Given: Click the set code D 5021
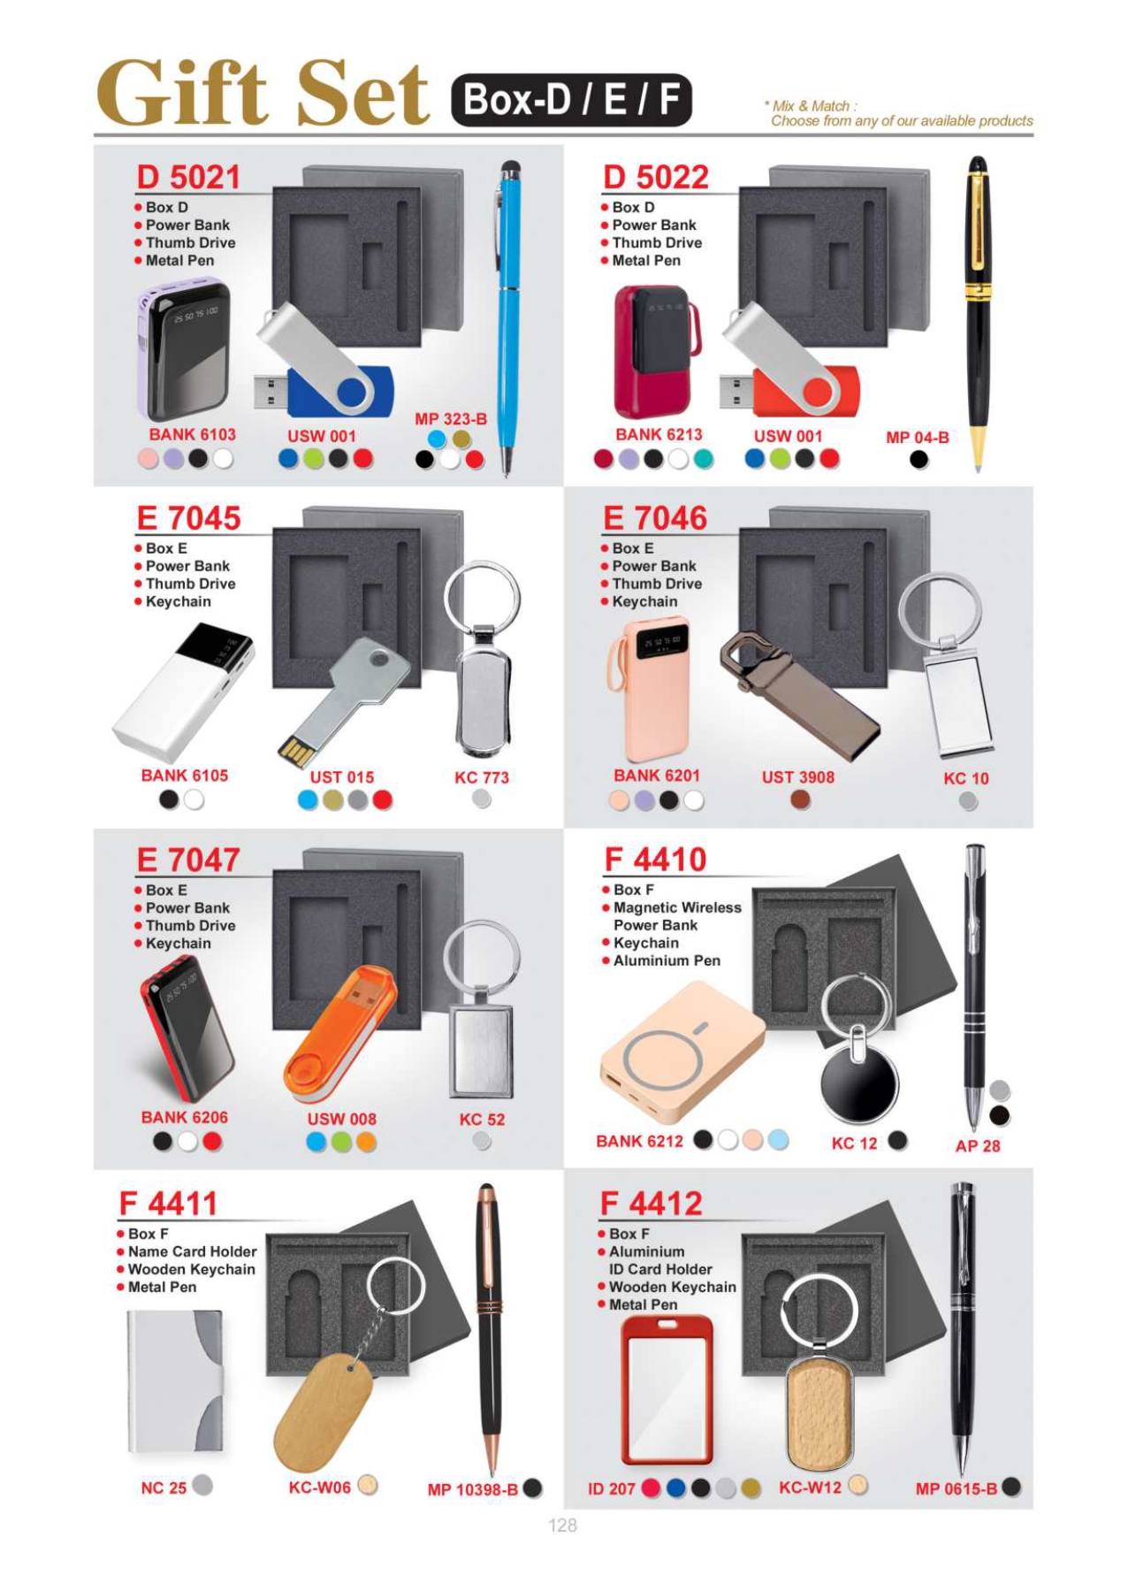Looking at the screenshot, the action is pos(187,177).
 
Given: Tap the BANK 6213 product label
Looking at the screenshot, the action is pos(659,434).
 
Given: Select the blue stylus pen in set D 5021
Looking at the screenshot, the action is pos(508,318).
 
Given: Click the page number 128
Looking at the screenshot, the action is pos(562,1525).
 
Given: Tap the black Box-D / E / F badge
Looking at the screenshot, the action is pos(571,100).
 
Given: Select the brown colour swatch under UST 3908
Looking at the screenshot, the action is pos(800,800).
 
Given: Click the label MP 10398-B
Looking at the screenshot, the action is pos(472,1489).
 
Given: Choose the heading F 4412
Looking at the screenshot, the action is pos(651,1203).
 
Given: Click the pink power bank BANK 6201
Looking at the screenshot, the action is pos(645,690).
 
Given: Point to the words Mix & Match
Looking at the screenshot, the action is pos(811,105).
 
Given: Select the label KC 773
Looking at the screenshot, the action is pos(482,777).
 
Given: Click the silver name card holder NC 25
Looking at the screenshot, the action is pos(175,1381).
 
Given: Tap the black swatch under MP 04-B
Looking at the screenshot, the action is pos(919,460).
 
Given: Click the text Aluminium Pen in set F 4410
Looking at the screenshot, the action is pos(667,960).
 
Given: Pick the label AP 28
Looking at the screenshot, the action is pos(978,1146).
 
